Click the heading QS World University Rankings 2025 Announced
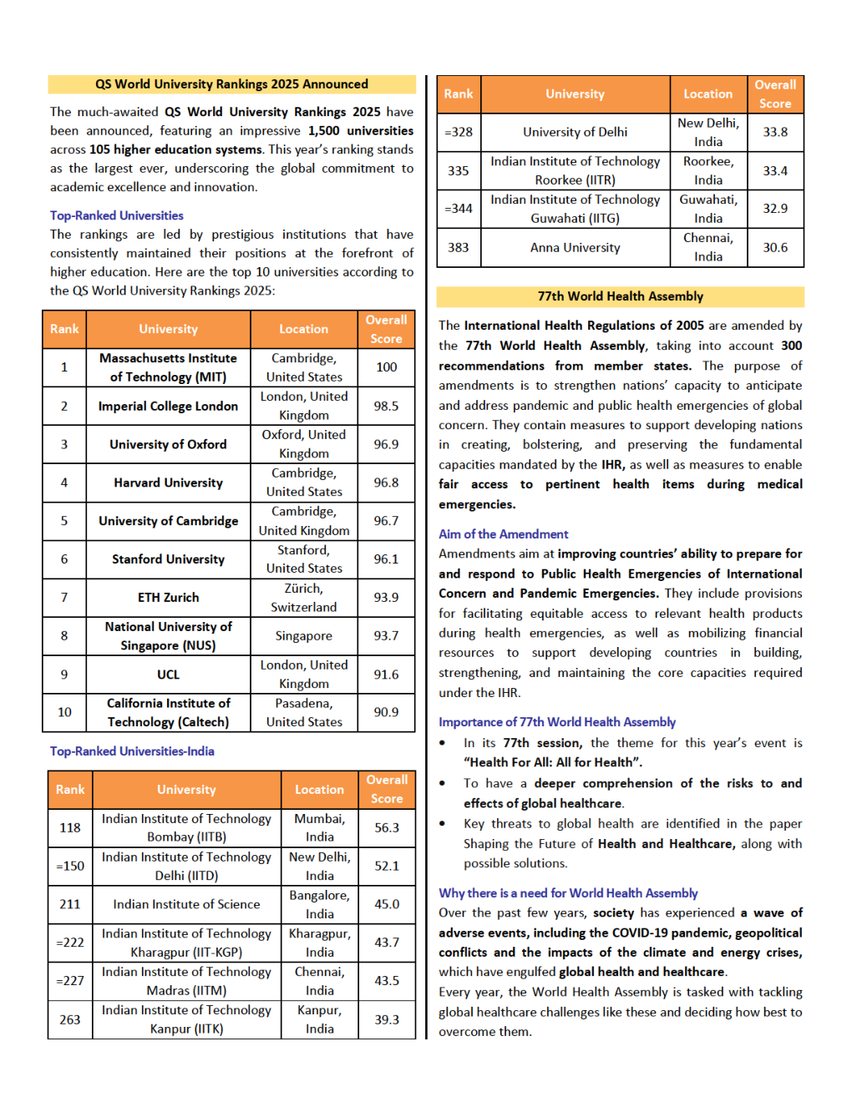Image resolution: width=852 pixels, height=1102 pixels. point(231,84)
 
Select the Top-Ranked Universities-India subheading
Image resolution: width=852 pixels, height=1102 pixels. point(132,751)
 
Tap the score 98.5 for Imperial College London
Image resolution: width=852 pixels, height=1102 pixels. point(386,406)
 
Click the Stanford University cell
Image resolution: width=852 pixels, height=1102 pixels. point(168,559)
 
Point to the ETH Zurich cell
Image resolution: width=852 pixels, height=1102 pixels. point(168,598)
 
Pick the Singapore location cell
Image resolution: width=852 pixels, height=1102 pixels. point(303,636)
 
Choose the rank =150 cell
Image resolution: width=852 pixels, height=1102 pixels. point(70,866)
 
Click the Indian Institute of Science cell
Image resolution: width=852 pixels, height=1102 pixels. point(186,904)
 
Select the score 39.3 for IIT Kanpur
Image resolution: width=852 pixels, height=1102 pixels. point(387,1019)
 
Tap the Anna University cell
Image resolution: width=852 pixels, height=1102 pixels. point(575,248)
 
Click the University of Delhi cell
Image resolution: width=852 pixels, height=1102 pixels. point(575,132)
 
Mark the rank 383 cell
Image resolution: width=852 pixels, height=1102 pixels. point(459,248)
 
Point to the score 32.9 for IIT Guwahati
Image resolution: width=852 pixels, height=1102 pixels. point(775,209)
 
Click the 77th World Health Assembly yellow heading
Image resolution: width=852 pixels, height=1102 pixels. point(620,296)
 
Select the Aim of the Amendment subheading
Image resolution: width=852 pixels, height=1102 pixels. point(504,534)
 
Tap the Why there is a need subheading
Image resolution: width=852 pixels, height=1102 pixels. point(568,893)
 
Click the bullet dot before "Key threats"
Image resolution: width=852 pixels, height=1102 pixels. point(443,824)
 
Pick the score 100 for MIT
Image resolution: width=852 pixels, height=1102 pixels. point(386,367)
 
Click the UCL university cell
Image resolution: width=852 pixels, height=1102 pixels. point(168,675)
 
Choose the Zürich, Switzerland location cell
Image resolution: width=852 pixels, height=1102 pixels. point(303,598)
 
